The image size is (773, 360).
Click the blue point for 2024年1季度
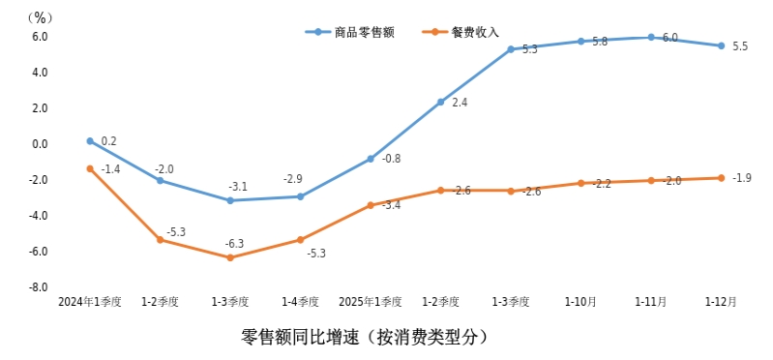point(90,141)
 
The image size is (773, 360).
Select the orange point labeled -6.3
point(230,257)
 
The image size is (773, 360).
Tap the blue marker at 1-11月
point(651,38)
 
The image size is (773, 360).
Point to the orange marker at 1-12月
point(721,178)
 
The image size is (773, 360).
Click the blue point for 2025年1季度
point(371,159)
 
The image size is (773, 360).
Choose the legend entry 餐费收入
point(474,32)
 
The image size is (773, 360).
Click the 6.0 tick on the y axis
point(39,37)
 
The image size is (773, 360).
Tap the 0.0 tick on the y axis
point(39,144)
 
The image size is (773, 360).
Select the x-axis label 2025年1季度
point(371,302)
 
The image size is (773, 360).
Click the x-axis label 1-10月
point(580,302)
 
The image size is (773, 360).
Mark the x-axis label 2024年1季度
point(90,302)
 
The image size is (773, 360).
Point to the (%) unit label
point(40,16)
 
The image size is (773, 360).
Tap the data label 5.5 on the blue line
point(740,46)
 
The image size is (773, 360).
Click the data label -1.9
point(742,178)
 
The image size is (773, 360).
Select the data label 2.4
point(460,102)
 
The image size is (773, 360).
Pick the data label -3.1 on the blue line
point(238,186)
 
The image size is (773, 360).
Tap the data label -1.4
point(110,169)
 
